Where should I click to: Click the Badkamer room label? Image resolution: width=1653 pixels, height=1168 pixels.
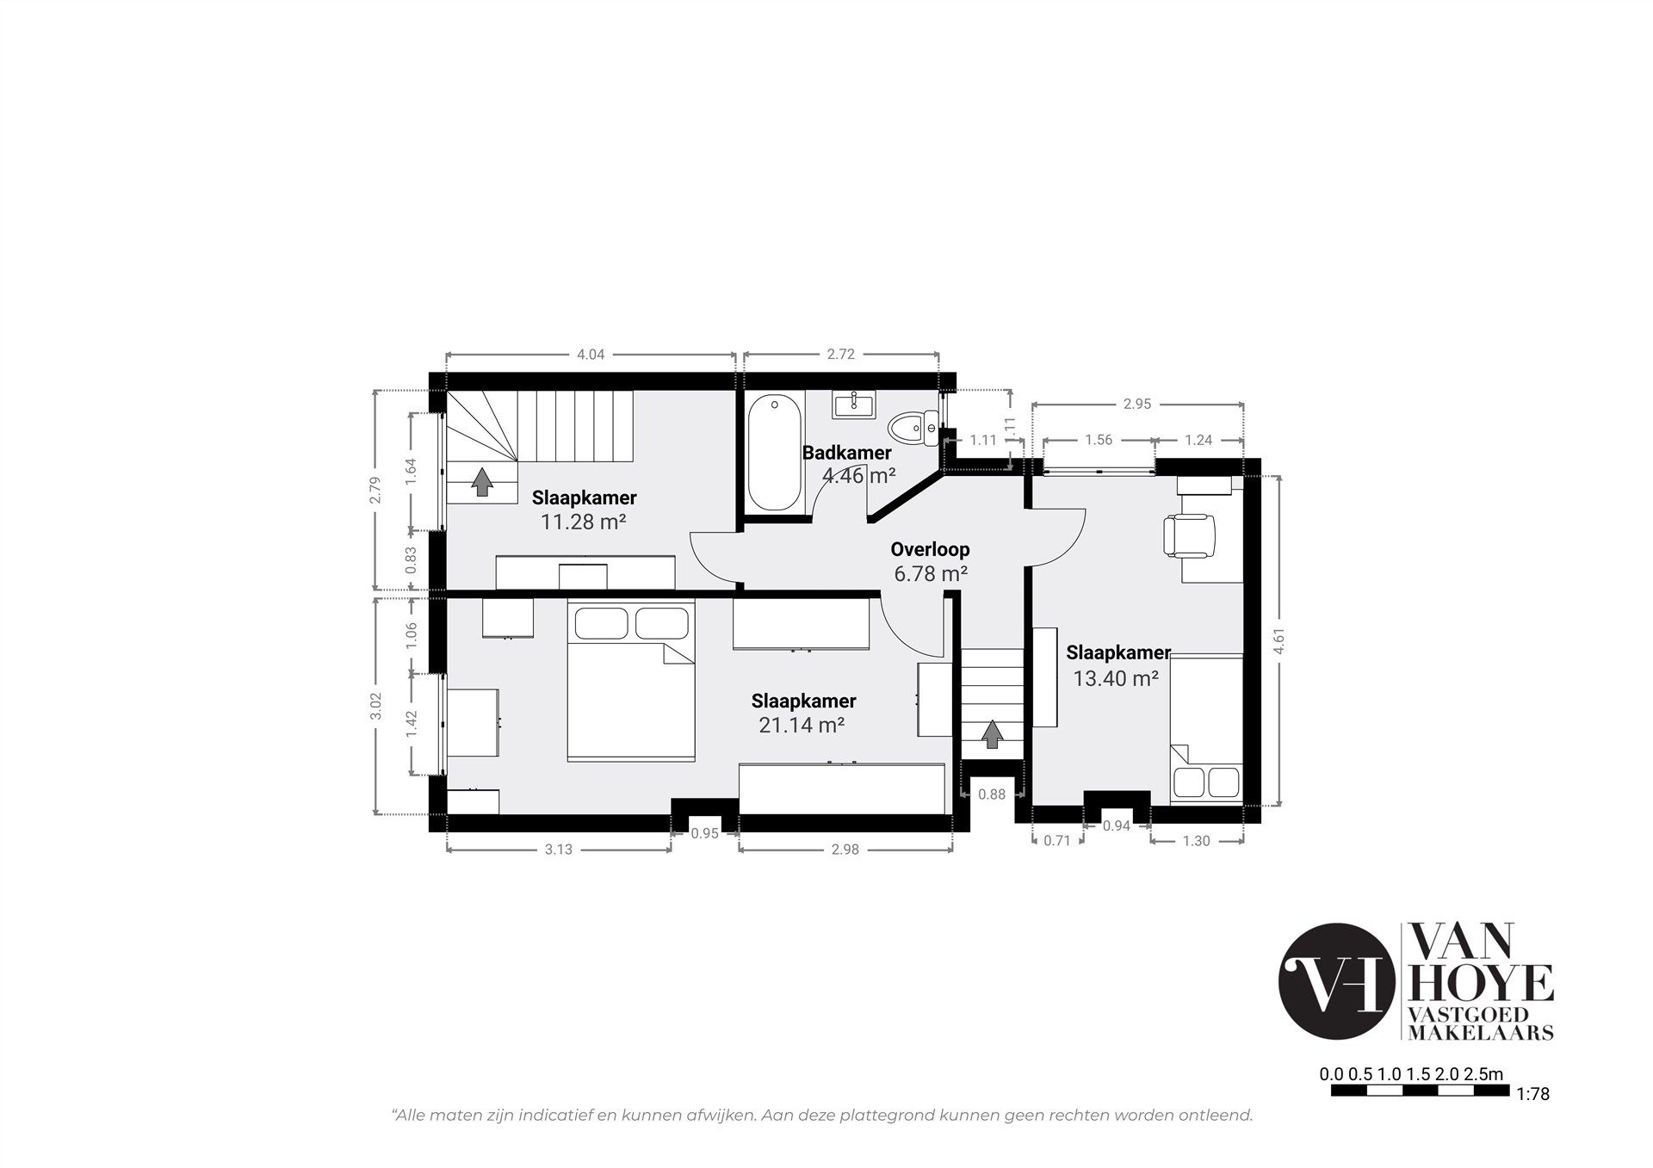click(x=846, y=453)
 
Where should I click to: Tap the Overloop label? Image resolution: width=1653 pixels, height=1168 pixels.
click(x=930, y=549)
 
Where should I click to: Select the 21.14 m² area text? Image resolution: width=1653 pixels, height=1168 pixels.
click(x=801, y=726)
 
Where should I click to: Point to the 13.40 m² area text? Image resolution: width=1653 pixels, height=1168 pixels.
click(x=1115, y=678)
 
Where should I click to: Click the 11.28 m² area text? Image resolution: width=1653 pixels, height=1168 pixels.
click(x=583, y=522)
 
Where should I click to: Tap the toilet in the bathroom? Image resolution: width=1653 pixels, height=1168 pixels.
click(x=914, y=427)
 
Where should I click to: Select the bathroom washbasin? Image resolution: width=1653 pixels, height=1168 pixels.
click(x=854, y=405)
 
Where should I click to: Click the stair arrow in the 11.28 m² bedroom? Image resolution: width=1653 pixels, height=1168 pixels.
click(x=482, y=482)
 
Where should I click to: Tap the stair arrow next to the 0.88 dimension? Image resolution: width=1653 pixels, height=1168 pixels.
click(x=993, y=734)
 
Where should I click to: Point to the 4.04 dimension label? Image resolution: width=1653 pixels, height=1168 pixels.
click(x=591, y=355)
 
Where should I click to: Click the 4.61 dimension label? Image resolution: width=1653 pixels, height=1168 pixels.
click(x=1279, y=640)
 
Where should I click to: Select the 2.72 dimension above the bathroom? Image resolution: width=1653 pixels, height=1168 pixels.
click(x=841, y=355)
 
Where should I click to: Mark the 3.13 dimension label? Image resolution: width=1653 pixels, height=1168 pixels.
click(x=559, y=850)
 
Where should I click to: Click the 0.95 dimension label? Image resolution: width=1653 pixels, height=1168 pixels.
click(x=705, y=832)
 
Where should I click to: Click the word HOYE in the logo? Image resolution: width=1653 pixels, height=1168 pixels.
click(x=1480, y=982)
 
